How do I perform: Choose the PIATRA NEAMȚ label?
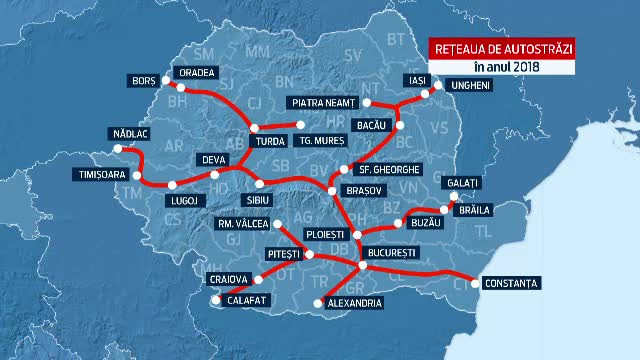[x=323, y=102]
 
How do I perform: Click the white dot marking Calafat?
[x=216, y=297]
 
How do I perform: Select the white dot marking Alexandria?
[x=319, y=302]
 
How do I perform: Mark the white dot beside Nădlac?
[x=120, y=148]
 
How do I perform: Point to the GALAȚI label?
[x=467, y=182]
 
